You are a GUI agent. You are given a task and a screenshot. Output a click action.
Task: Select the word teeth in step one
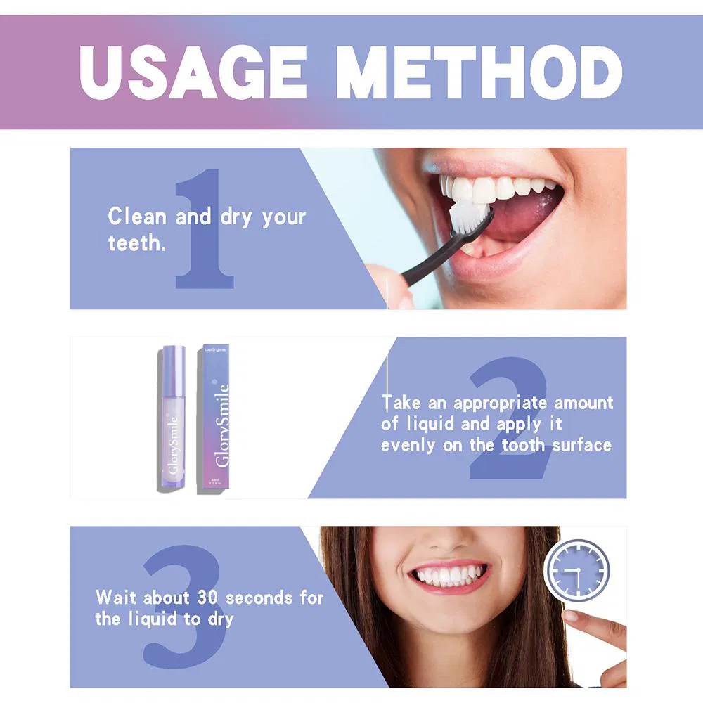pos(131,243)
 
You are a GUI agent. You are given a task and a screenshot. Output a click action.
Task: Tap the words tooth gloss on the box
pos(214,349)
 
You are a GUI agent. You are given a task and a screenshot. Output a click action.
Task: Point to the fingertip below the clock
pos(571,617)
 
